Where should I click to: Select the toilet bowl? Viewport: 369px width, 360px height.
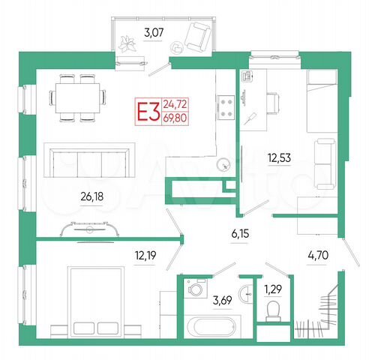coord(273,310)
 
